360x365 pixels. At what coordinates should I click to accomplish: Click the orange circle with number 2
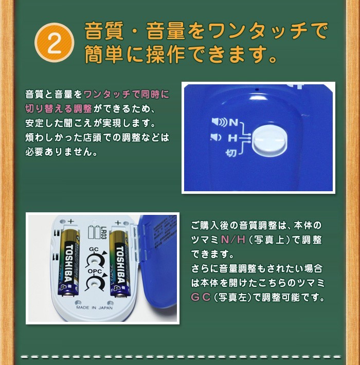pos(54,43)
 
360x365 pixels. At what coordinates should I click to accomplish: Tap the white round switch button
pos(270,140)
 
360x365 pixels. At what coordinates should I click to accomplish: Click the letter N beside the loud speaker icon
pos(233,122)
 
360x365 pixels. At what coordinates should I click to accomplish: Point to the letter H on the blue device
pos(232,138)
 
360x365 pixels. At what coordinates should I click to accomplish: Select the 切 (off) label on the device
pos(231,153)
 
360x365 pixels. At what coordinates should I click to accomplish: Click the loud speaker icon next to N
pos(220,122)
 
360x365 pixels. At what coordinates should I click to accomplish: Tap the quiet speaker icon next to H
pos(215,137)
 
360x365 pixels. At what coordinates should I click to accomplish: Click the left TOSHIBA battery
pos(69,263)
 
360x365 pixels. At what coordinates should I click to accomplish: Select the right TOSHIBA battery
pos(120,264)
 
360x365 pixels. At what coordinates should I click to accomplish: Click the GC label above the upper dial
pos(94,249)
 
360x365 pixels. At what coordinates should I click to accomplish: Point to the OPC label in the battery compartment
pos(95,271)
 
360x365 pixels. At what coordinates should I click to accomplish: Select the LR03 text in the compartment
pos(103,233)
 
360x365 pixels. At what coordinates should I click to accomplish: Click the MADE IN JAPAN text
pos(94,307)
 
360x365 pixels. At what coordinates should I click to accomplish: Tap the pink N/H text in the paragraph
pos(233,240)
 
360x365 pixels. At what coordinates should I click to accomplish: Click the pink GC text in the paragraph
pos(201,297)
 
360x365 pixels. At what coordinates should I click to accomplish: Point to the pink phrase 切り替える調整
pos(59,108)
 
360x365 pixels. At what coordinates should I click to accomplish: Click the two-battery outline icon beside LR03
pos(94,232)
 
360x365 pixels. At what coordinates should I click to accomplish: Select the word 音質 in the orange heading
pos(104,30)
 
